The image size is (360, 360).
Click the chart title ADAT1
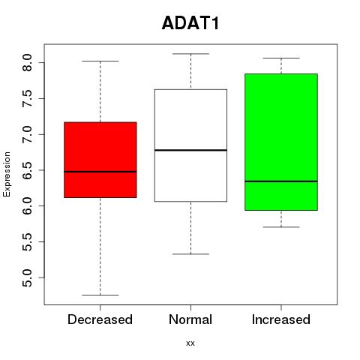point(190,23)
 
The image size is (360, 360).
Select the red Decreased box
point(100,160)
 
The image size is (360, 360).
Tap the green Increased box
point(281,142)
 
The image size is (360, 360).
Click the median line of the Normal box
point(190,150)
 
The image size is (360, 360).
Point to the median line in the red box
point(100,172)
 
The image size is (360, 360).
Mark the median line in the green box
point(281,181)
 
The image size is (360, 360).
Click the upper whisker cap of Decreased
point(100,61)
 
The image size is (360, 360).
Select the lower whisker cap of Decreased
point(100,295)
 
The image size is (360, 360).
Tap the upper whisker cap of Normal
point(190,54)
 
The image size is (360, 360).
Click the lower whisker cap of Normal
point(190,254)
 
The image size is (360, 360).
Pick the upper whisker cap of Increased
point(281,58)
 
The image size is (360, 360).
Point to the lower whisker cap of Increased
point(281,227)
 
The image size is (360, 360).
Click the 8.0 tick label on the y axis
point(27,63)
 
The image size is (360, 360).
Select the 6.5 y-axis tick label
point(27,170)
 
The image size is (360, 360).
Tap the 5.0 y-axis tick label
point(27,277)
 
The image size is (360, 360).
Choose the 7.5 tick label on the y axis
point(27,98)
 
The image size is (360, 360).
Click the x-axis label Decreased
point(100,319)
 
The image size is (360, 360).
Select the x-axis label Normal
point(190,319)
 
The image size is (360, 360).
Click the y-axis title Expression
point(7,174)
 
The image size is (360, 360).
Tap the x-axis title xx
point(190,343)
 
